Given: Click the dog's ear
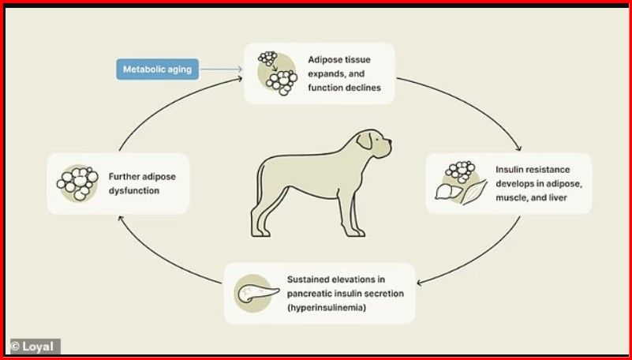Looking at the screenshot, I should click(x=365, y=141).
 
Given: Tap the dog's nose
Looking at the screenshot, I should click(x=390, y=142).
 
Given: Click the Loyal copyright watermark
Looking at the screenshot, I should click(x=33, y=346).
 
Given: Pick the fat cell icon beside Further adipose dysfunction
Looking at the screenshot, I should click(x=77, y=182).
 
